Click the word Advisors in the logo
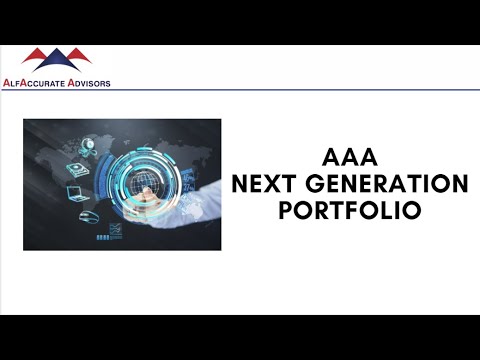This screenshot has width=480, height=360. [x=88, y=83]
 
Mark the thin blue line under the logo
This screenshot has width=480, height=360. [x=240, y=90]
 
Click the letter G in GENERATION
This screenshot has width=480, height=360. [x=318, y=185]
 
